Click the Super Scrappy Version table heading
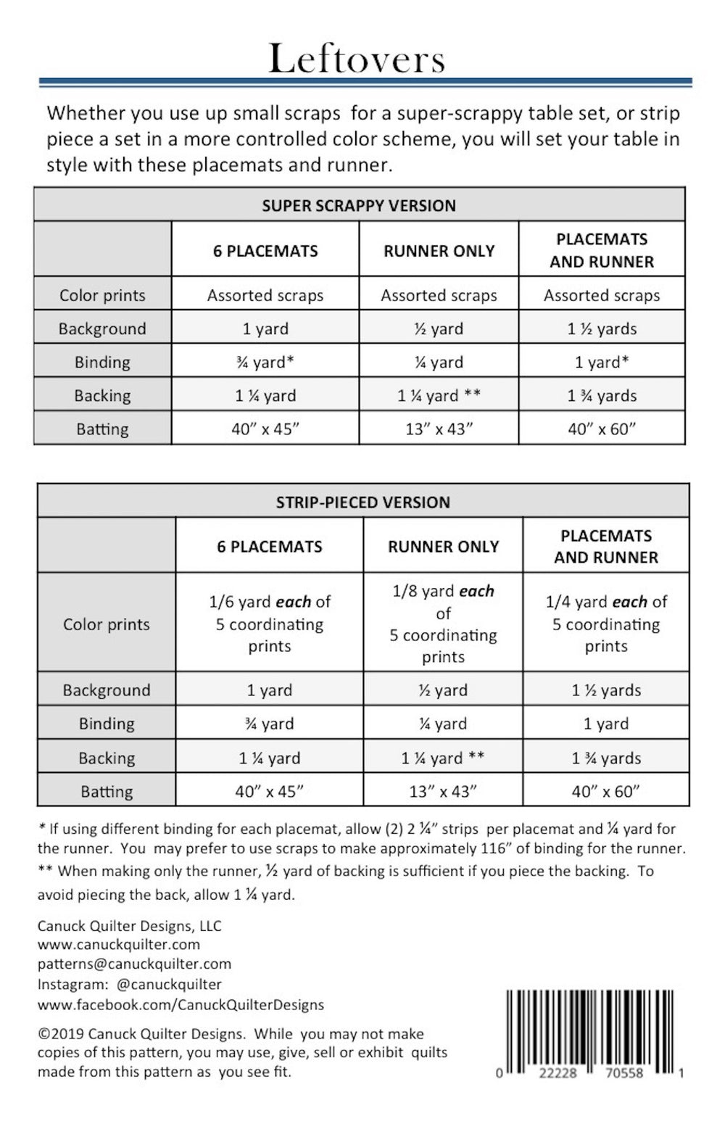click(359, 205)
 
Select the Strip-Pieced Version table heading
click(362, 502)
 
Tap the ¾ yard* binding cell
click(265, 362)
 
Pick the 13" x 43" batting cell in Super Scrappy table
click(439, 429)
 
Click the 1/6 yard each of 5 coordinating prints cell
click(269, 624)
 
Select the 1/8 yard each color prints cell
click(443, 624)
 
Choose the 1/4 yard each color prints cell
click(606, 624)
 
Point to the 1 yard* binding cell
click(602, 362)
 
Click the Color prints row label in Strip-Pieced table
click(107, 624)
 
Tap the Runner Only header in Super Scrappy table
click(439, 251)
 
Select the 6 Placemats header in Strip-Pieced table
click(269, 546)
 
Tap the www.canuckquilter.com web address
click(119, 944)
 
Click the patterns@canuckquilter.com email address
click(134, 964)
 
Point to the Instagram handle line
click(130, 984)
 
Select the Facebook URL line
click(181, 1004)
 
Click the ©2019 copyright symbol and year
click(61, 1034)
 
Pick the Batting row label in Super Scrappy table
click(102, 429)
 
